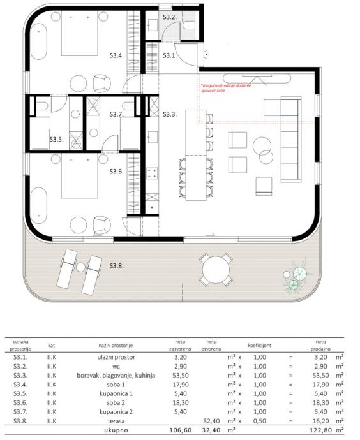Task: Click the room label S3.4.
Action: tap(117, 55)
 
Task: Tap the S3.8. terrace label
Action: tap(117, 265)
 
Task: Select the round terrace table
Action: tap(216, 270)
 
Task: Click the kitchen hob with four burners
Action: tap(152, 173)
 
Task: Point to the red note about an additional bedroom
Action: tap(226, 88)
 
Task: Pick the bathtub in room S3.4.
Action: tap(38, 41)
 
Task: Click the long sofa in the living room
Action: tap(291, 140)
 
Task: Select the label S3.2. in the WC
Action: tap(170, 17)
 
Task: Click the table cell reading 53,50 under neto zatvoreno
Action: tap(180, 375)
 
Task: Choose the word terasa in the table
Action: tap(116, 421)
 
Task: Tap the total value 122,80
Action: tap(320, 430)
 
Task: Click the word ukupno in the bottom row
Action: tap(116, 430)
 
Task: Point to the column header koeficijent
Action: tap(260, 345)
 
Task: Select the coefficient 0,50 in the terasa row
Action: tap(260, 421)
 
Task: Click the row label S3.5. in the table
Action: tap(20, 393)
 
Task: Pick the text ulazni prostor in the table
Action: tap(116, 357)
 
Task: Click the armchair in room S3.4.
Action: tap(101, 84)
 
